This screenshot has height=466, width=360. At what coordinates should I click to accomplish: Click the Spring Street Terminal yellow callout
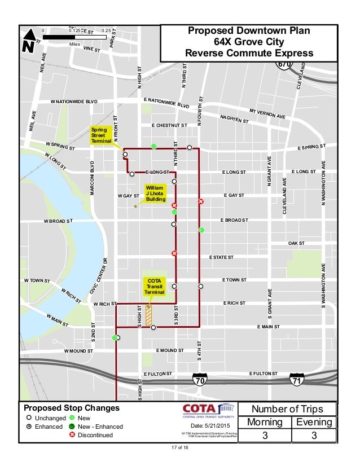(102, 136)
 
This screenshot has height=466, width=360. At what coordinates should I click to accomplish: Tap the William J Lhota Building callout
(155, 192)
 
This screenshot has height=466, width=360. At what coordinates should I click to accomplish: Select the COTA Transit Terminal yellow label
(154, 286)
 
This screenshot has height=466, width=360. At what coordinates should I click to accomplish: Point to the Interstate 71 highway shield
(297, 380)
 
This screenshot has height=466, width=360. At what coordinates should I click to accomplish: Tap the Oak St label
(296, 243)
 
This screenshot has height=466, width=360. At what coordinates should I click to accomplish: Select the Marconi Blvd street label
(91, 178)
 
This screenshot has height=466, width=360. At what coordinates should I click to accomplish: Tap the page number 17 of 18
(181, 448)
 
